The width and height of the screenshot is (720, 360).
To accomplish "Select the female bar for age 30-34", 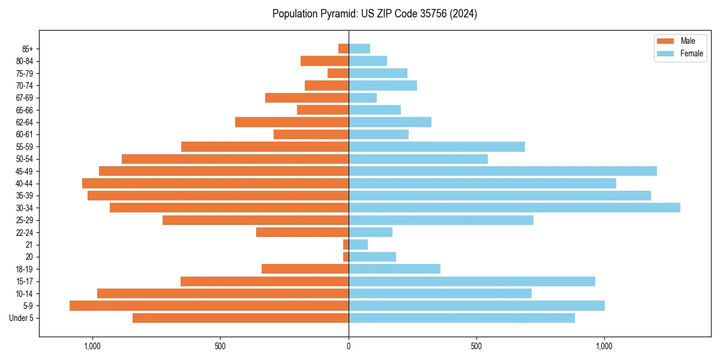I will point(514,208).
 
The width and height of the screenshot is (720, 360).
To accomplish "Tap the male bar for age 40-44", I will point(215,183).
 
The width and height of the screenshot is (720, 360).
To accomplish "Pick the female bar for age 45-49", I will point(503,171).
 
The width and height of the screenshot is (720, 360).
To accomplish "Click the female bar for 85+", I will point(359,49).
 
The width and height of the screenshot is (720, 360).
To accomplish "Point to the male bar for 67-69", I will point(307,98).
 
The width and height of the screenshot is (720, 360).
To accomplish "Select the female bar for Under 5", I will point(461,318).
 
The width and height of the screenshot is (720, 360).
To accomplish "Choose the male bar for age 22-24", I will point(302,232).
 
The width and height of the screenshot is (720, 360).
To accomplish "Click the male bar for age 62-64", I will point(292,122).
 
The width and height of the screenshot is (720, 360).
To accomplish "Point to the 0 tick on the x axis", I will point(349,346).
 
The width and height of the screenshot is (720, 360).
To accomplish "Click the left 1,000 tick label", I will point(92,346).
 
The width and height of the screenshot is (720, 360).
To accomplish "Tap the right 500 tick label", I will point(476,346).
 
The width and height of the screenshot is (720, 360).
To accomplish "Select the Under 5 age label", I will point(22,318).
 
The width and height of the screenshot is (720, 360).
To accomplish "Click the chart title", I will point(374,14).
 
